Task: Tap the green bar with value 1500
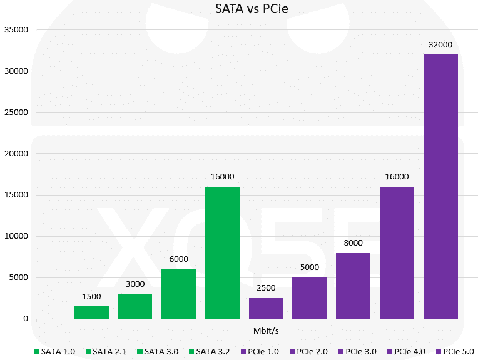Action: tap(91, 312)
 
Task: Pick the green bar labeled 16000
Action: tap(222, 252)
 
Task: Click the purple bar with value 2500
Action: tap(266, 308)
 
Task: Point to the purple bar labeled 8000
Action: tap(353, 286)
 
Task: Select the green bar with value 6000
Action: tap(178, 294)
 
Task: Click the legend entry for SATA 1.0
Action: tap(54, 352)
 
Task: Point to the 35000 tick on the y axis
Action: tap(16, 29)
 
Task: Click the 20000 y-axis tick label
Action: tap(16, 154)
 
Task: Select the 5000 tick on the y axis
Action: tap(19, 277)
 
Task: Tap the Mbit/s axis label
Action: tap(266, 329)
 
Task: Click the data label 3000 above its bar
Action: tap(135, 284)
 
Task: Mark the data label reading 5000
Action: tap(310, 267)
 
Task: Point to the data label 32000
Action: tap(440, 44)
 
